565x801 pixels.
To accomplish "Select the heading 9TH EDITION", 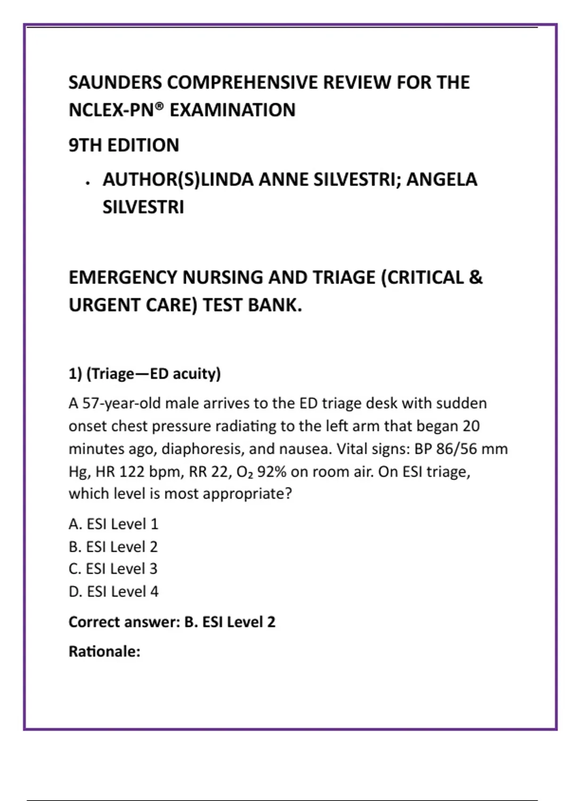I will tap(124, 145).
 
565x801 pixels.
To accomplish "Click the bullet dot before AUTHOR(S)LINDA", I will tap(88, 183).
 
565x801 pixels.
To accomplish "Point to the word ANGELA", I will tap(442, 180).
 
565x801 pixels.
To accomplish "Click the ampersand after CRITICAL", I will tap(476, 277).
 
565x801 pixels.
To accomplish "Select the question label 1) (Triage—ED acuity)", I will tap(145, 374).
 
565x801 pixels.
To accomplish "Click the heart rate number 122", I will tap(132, 472).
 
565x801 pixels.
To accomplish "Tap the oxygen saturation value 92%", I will tap(271, 472).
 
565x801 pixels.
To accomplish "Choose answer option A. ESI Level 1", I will tap(113, 524).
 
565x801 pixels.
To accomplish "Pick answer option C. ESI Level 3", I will tap(113, 569).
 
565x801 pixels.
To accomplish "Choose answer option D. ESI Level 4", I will tap(113, 591).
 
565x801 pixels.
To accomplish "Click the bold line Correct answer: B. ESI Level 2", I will tap(172, 622).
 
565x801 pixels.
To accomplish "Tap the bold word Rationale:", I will tap(105, 652).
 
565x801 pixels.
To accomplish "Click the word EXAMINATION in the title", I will tap(233, 110).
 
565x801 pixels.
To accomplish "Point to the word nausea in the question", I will tap(305, 449).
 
